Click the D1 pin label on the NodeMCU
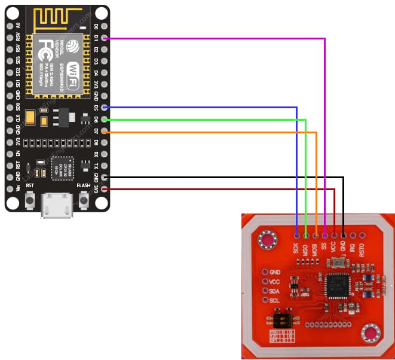coord(96,38)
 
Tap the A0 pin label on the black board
coord(18,26)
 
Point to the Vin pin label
coord(18,188)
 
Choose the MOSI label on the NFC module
coord(314,248)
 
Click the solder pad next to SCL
coord(265,300)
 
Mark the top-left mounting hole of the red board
coord(267,240)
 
